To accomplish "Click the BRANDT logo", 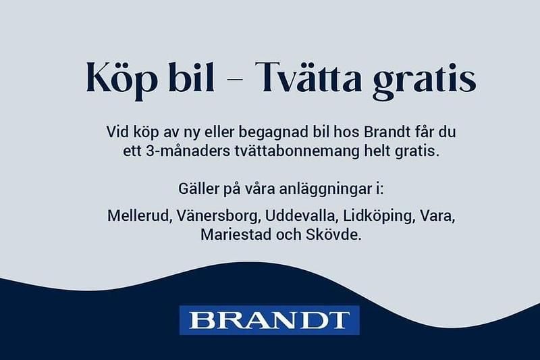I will tap(270, 320).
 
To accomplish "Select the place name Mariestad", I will tap(232, 236).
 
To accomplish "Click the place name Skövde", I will tap(341, 236).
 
